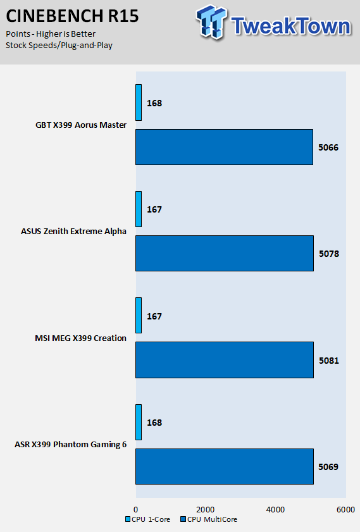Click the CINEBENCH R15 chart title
pyautogui.click(x=72, y=16)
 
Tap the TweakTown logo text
pyautogui.click(x=291, y=26)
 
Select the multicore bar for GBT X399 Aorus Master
pyautogui.click(x=224, y=147)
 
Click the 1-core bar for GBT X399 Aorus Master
pyautogui.click(x=139, y=102)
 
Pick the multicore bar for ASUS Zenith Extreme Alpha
pyautogui.click(x=225, y=254)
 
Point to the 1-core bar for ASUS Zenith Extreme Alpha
pyautogui.click(x=139, y=209)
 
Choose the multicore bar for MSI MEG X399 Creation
pyautogui.click(x=225, y=360)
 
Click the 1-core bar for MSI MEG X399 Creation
pyautogui.click(x=139, y=316)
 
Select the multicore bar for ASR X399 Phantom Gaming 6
pyautogui.click(x=225, y=466)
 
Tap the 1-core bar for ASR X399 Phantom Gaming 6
pyautogui.click(x=139, y=422)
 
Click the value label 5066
pyautogui.click(x=328, y=147)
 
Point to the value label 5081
pyautogui.click(x=329, y=361)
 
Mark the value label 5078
pyautogui.click(x=329, y=254)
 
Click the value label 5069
pyautogui.click(x=328, y=467)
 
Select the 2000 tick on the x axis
pyautogui.click(x=205, y=510)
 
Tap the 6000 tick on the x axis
pyautogui.click(x=345, y=510)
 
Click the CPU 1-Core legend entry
pyautogui.click(x=147, y=519)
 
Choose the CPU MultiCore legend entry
pyautogui.click(x=209, y=519)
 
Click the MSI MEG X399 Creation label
pyautogui.click(x=81, y=338)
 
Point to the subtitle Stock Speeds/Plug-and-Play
pyautogui.click(x=59, y=46)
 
